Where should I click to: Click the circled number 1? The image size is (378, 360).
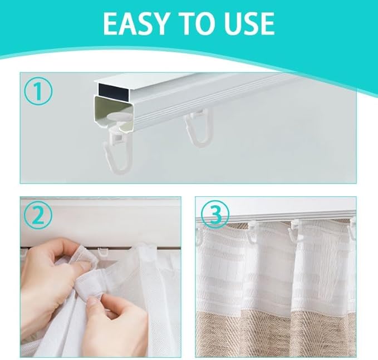(38, 92)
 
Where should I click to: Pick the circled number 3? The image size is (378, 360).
(215, 214)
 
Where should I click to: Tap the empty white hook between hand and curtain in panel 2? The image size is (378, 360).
(102, 252)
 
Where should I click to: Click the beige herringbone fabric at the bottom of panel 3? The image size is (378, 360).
(276, 334)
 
